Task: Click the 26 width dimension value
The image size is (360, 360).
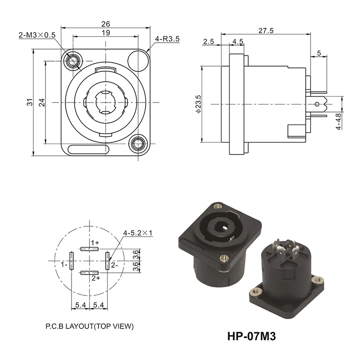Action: (x=106, y=24)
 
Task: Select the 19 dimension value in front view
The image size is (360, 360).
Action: (x=106, y=33)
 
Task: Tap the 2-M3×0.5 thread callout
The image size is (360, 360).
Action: (x=36, y=35)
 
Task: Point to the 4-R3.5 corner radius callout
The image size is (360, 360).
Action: (x=167, y=39)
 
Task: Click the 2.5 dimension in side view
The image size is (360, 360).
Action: (x=208, y=42)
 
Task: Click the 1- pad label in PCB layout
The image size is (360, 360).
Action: (x=64, y=265)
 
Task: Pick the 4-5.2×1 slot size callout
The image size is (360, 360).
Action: (x=138, y=233)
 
